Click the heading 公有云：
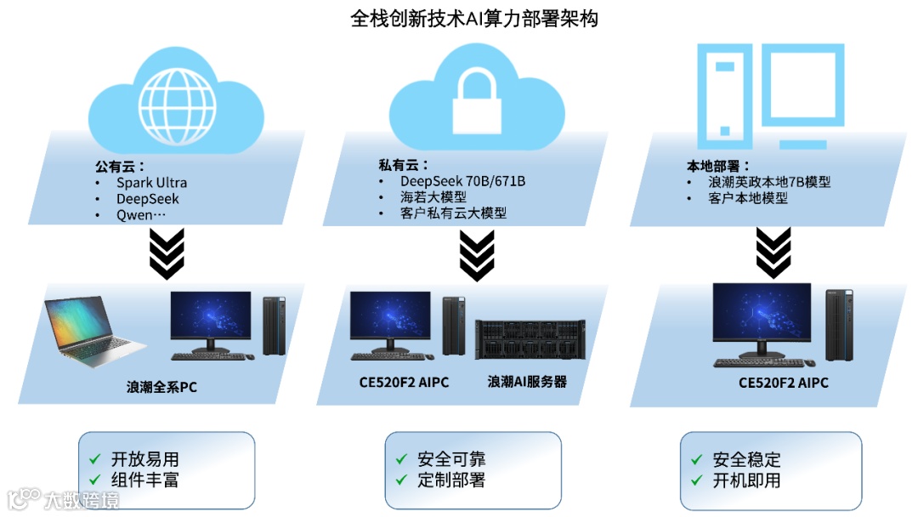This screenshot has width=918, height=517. pyautogui.click(x=120, y=167)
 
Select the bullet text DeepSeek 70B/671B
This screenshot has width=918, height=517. pyautogui.click(x=462, y=181)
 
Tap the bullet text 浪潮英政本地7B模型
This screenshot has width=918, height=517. pyautogui.click(x=768, y=182)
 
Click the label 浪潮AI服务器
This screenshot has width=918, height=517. pyautogui.click(x=527, y=383)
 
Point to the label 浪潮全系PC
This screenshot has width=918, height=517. pyautogui.click(x=161, y=388)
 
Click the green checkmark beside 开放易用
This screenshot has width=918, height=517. pyautogui.click(x=95, y=459)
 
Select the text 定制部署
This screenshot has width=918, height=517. pyautogui.click(x=451, y=480)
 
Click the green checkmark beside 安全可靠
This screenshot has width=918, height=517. pyautogui.click(x=401, y=459)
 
